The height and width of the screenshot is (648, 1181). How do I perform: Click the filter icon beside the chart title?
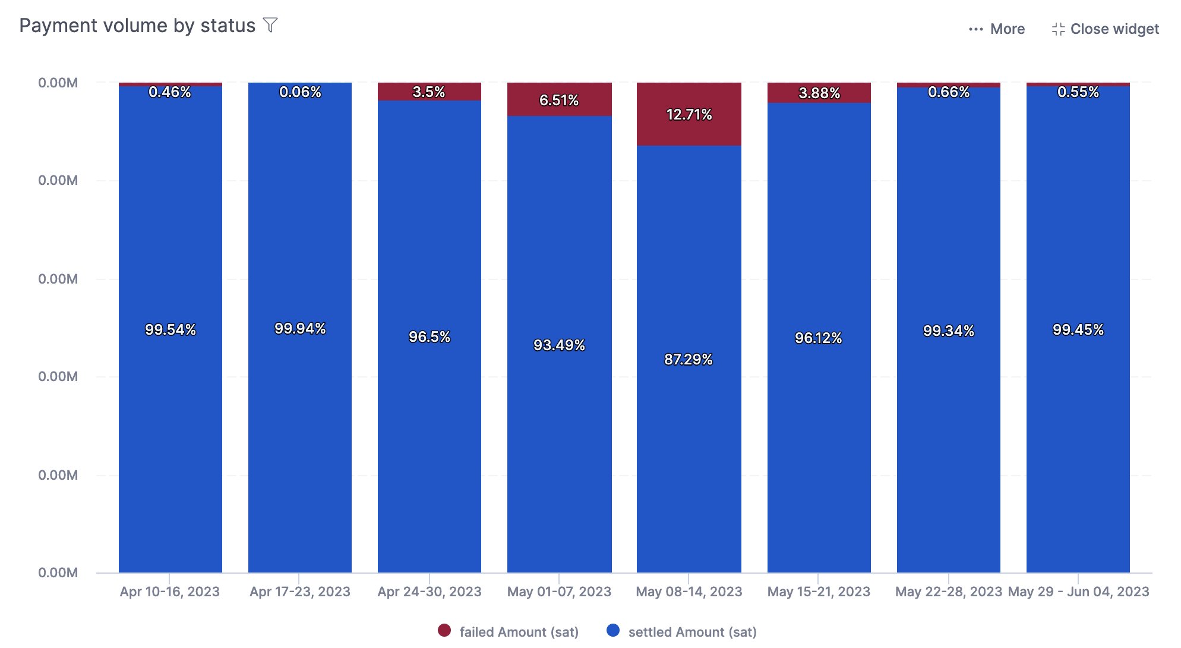click(270, 26)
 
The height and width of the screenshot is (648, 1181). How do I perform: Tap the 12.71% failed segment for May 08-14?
click(689, 114)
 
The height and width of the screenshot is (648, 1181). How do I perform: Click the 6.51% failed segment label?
click(558, 100)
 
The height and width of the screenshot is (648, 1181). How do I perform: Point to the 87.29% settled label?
click(688, 359)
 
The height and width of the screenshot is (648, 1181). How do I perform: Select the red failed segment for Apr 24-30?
click(429, 92)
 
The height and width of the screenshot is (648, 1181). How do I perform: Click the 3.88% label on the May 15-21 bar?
click(819, 93)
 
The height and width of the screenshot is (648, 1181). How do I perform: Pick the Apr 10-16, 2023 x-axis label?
click(170, 592)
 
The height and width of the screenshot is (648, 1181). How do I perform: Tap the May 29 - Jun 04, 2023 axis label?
click(1078, 592)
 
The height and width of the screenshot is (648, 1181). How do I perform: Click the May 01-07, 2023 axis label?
click(558, 592)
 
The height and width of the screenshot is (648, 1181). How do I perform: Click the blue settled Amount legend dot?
click(613, 631)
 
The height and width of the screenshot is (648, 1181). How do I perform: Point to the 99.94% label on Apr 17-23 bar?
click(300, 328)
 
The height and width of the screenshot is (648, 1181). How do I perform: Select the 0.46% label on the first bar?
click(170, 92)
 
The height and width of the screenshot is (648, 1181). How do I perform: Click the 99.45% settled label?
click(1078, 329)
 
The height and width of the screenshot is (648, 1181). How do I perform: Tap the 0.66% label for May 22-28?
click(948, 92)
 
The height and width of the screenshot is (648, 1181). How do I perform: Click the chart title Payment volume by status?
click(137, 26)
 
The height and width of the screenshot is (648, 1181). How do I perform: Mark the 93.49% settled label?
click(558, 345)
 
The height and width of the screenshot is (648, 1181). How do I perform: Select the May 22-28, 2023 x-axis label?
click(948, 592)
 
